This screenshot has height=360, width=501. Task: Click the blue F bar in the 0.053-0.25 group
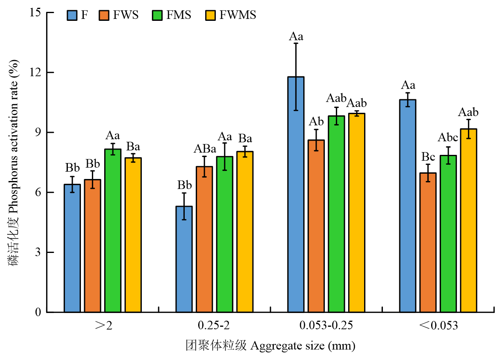point(296,194)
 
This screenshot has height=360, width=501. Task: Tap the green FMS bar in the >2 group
point(113,230)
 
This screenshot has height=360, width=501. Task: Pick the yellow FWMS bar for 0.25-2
point(245,232)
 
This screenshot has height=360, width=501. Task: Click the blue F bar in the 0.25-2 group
point(184,259)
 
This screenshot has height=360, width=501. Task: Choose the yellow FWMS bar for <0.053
point(468,220)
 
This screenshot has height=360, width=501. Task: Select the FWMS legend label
point(238,16)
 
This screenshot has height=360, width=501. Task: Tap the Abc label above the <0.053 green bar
point(448,137)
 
